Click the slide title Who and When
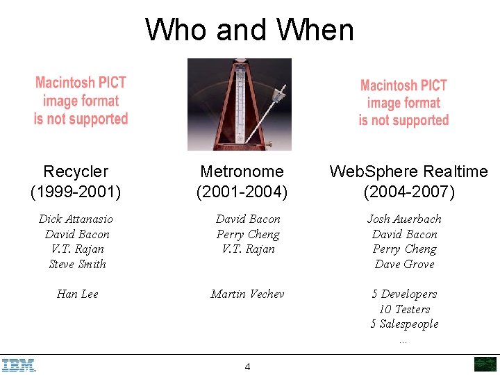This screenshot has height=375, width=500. click(x=249, y=30)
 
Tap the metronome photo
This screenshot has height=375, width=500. click(x=240, y=104)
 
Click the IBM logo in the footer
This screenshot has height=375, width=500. click(x=19, y=365)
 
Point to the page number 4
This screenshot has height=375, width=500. click(x=248, y=367)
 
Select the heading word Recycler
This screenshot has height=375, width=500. click(x=76, y=172)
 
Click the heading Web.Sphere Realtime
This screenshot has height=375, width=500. click(x=408, y=172)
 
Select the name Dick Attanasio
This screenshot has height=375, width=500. click(x=76, y=219)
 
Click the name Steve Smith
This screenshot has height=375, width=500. click(x=77, y=264)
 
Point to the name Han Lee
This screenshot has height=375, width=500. click(x=77, y=294)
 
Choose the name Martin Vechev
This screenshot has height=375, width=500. click(x=247, y=294)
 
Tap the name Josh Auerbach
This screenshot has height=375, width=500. click(x=404, y=219)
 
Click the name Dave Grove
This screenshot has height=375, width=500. click(x=404, y=264)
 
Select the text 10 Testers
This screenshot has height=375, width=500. click(x=404, y=309)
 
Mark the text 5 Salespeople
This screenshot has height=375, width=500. click(x=404, y=324)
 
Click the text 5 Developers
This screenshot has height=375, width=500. click(x=404, y=294)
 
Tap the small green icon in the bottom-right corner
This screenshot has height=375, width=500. click(x=485, y=365)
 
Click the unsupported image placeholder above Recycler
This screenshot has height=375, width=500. click(x=81, y=101)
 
